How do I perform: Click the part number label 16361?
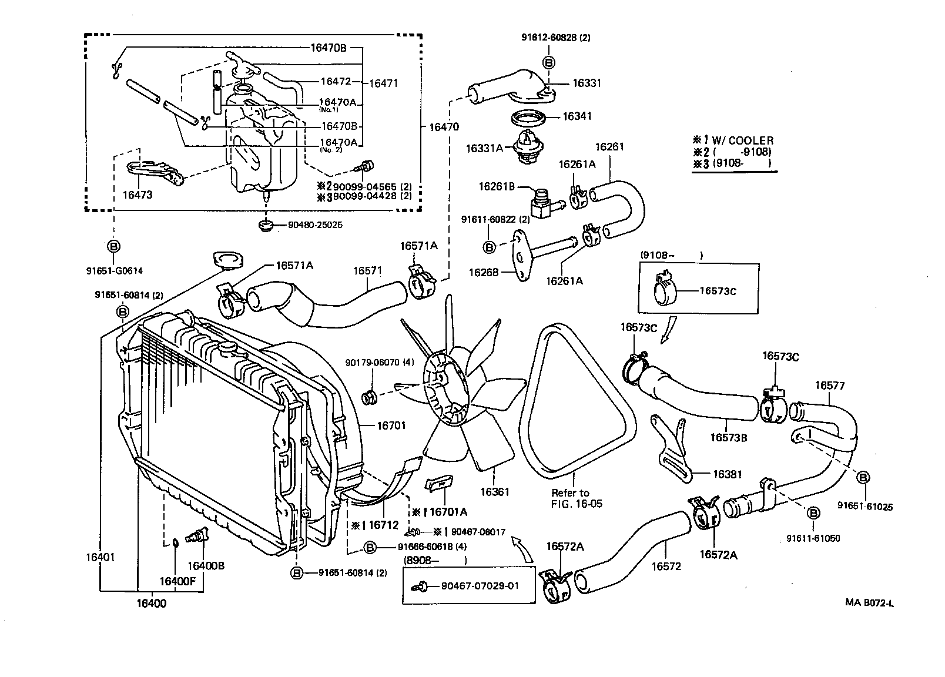point(495,492)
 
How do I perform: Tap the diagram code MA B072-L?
point(870,602)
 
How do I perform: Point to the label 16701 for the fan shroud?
point(391,425)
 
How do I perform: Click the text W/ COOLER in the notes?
point(743,140)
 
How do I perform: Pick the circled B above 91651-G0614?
point(113,246)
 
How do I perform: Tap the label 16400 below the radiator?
point(151,603)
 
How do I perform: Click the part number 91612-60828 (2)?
point(555,37)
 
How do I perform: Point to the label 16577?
point(829,386)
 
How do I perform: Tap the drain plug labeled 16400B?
point(196,537)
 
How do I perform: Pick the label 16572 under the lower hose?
point(666,566)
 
